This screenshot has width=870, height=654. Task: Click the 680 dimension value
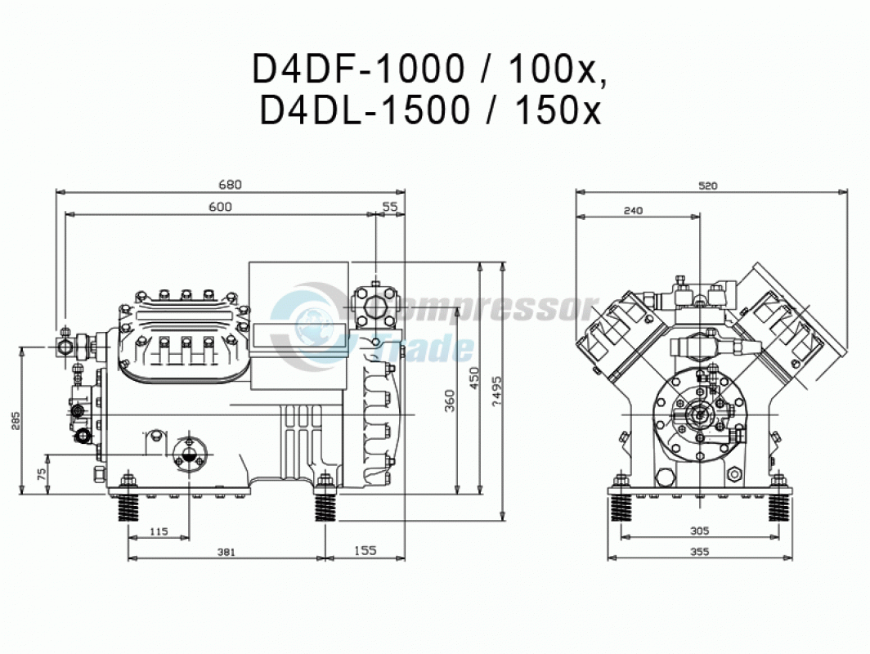[x=231, y=184]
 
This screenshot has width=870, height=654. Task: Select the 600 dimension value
[x=220, y=207]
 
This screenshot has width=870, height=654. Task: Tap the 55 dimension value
[x=390, y=206]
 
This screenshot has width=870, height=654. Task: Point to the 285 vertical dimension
[x=16, y=420]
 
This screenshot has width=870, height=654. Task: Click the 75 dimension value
[x=41, y=474]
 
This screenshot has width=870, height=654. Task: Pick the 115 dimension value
[x=159, y=531]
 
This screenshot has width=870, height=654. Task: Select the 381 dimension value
[x=226, y=552]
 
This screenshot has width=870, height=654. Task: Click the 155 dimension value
[x=365, y=550]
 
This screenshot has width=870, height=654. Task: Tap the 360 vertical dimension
[x=450, y=401]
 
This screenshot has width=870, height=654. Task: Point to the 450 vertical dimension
[x=474, y=378]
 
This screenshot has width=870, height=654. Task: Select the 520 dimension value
[x=708, y=186]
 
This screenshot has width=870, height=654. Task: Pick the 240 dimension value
[x=633, y=210]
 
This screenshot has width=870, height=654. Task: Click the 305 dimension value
[x=700, y=531]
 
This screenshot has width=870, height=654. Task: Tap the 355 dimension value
[x=700, y=551]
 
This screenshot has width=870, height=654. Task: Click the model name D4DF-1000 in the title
[x=358, y=69]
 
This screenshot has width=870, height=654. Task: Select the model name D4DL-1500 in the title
[x=365, y=110]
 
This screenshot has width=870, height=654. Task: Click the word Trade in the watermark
[x=424, y=348]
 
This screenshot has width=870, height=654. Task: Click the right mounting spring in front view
[x=779, y=508]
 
